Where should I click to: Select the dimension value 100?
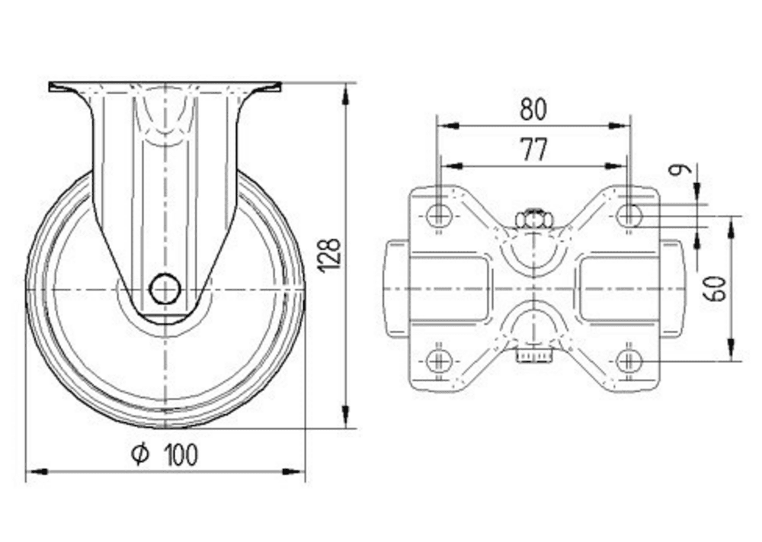181,454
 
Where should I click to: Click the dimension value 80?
533,111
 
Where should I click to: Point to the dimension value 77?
533,150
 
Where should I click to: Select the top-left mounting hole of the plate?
438,216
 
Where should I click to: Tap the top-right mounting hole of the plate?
628,216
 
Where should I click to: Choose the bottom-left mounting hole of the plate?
438,361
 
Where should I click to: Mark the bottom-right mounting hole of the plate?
628,361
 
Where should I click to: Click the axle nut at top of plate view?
533,220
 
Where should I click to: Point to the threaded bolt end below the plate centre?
533,354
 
